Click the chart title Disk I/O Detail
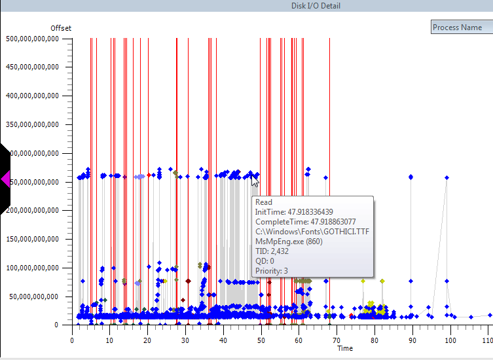(316, 6)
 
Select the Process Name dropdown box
(462, 27)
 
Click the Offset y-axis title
(61, 28)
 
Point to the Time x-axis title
(345, 348)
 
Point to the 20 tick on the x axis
(148, 340)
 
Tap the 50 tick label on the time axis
(261, 340)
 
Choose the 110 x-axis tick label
(486, 340)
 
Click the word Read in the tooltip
(264, 202)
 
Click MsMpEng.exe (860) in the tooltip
(289, 242)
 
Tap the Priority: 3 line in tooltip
(272, 271)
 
